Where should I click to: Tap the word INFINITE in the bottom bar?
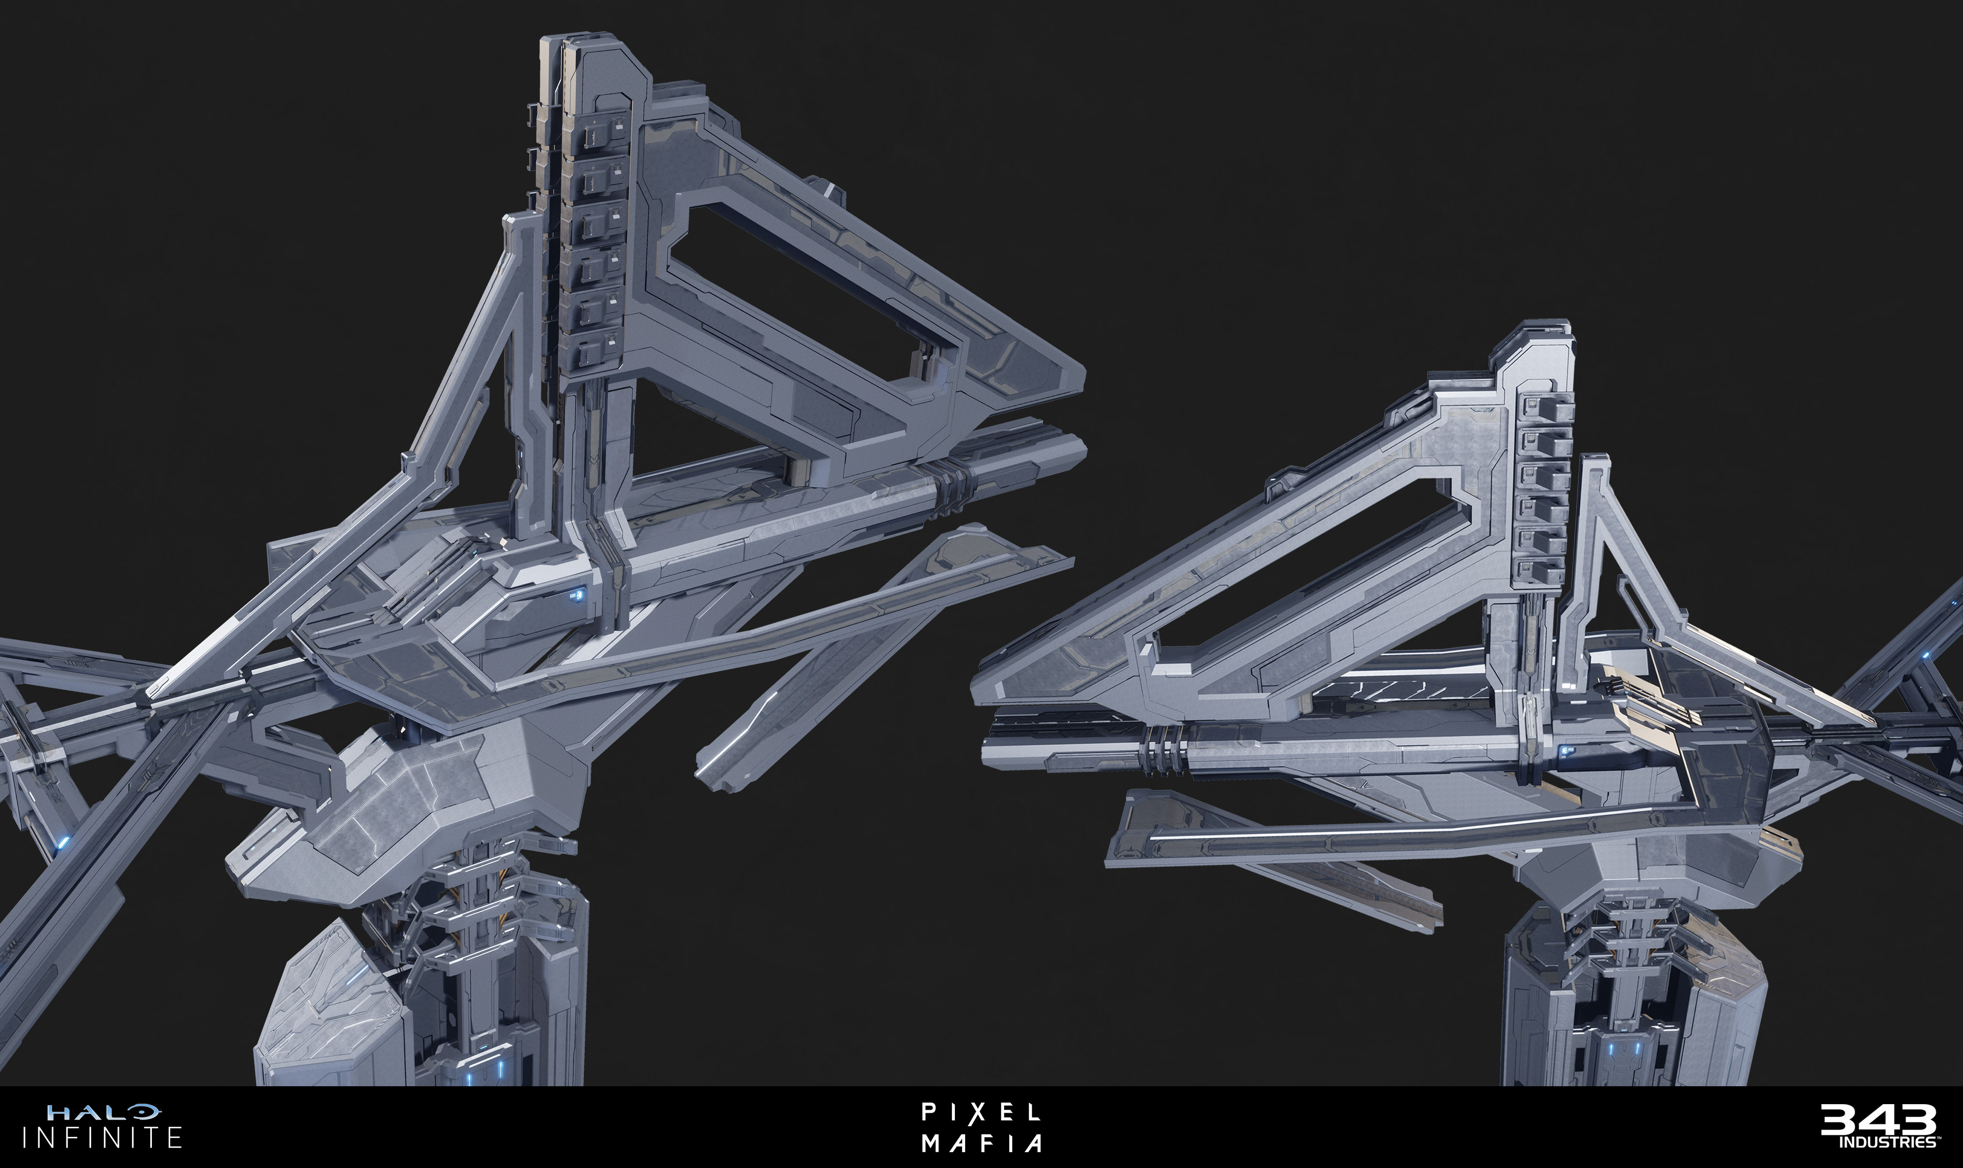[x=102, y=1137]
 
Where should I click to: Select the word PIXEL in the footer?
[x=980, y=1112]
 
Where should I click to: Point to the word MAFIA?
[x=983, y=1142]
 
